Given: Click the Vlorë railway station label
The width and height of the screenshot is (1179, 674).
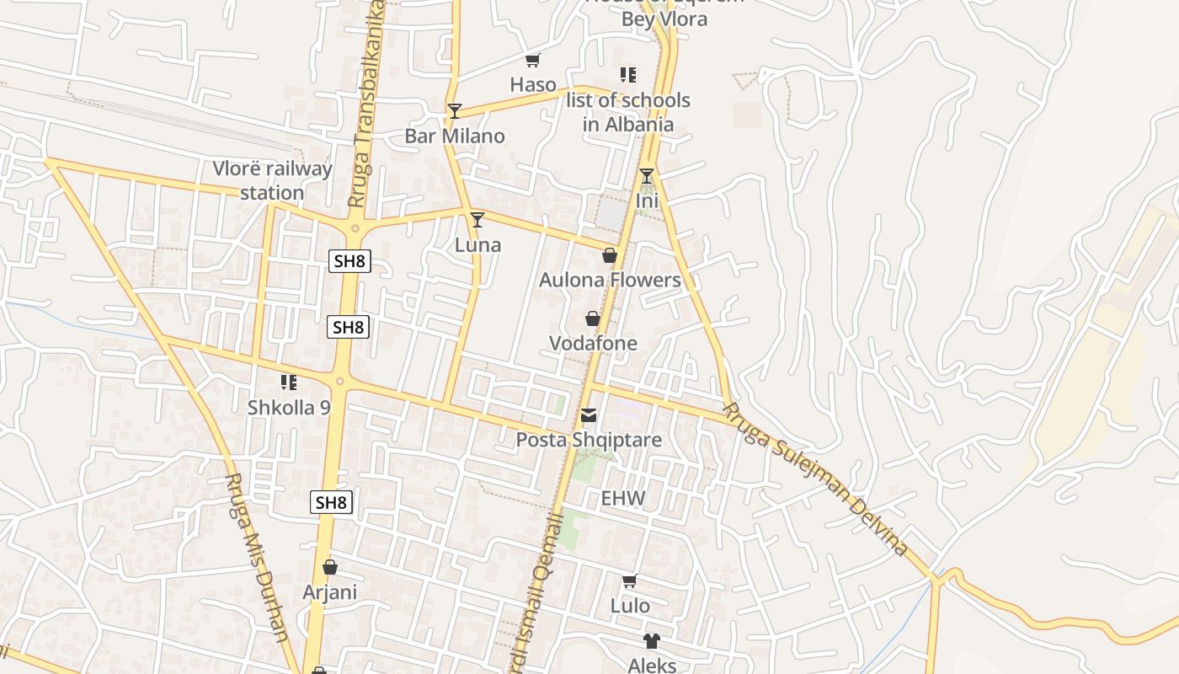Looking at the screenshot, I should (272, 180).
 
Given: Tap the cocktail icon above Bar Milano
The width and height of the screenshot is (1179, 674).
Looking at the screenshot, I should (455, 111).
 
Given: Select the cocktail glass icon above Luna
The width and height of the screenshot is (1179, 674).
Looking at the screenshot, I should (477, 220).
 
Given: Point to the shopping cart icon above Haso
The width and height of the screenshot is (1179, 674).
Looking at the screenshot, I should (532, 60).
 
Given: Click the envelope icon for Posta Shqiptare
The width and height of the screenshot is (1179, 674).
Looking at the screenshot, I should (589, 415).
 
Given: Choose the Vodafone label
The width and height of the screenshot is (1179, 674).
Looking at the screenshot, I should (593, 343).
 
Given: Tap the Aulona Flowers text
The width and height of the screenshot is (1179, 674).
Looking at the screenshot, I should (610, 280).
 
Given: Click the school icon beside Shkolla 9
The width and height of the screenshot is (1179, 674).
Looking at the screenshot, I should (289, 382).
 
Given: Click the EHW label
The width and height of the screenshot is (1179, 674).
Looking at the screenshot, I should (622, 498).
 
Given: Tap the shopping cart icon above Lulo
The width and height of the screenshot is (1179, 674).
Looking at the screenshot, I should (629, 581).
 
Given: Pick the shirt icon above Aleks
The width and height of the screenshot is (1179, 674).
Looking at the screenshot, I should (651, 641).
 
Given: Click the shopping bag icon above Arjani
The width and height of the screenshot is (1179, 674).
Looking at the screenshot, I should (330, 567).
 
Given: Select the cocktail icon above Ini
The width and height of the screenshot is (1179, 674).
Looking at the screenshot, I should (646, 176).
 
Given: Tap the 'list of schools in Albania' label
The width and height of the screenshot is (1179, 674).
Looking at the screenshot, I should (627, 112).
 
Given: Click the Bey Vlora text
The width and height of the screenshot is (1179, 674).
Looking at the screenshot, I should (664, 19).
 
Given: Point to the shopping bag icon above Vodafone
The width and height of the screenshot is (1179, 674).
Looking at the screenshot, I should (593, 318).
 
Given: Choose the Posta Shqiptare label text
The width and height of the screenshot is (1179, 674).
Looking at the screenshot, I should (589, 440).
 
